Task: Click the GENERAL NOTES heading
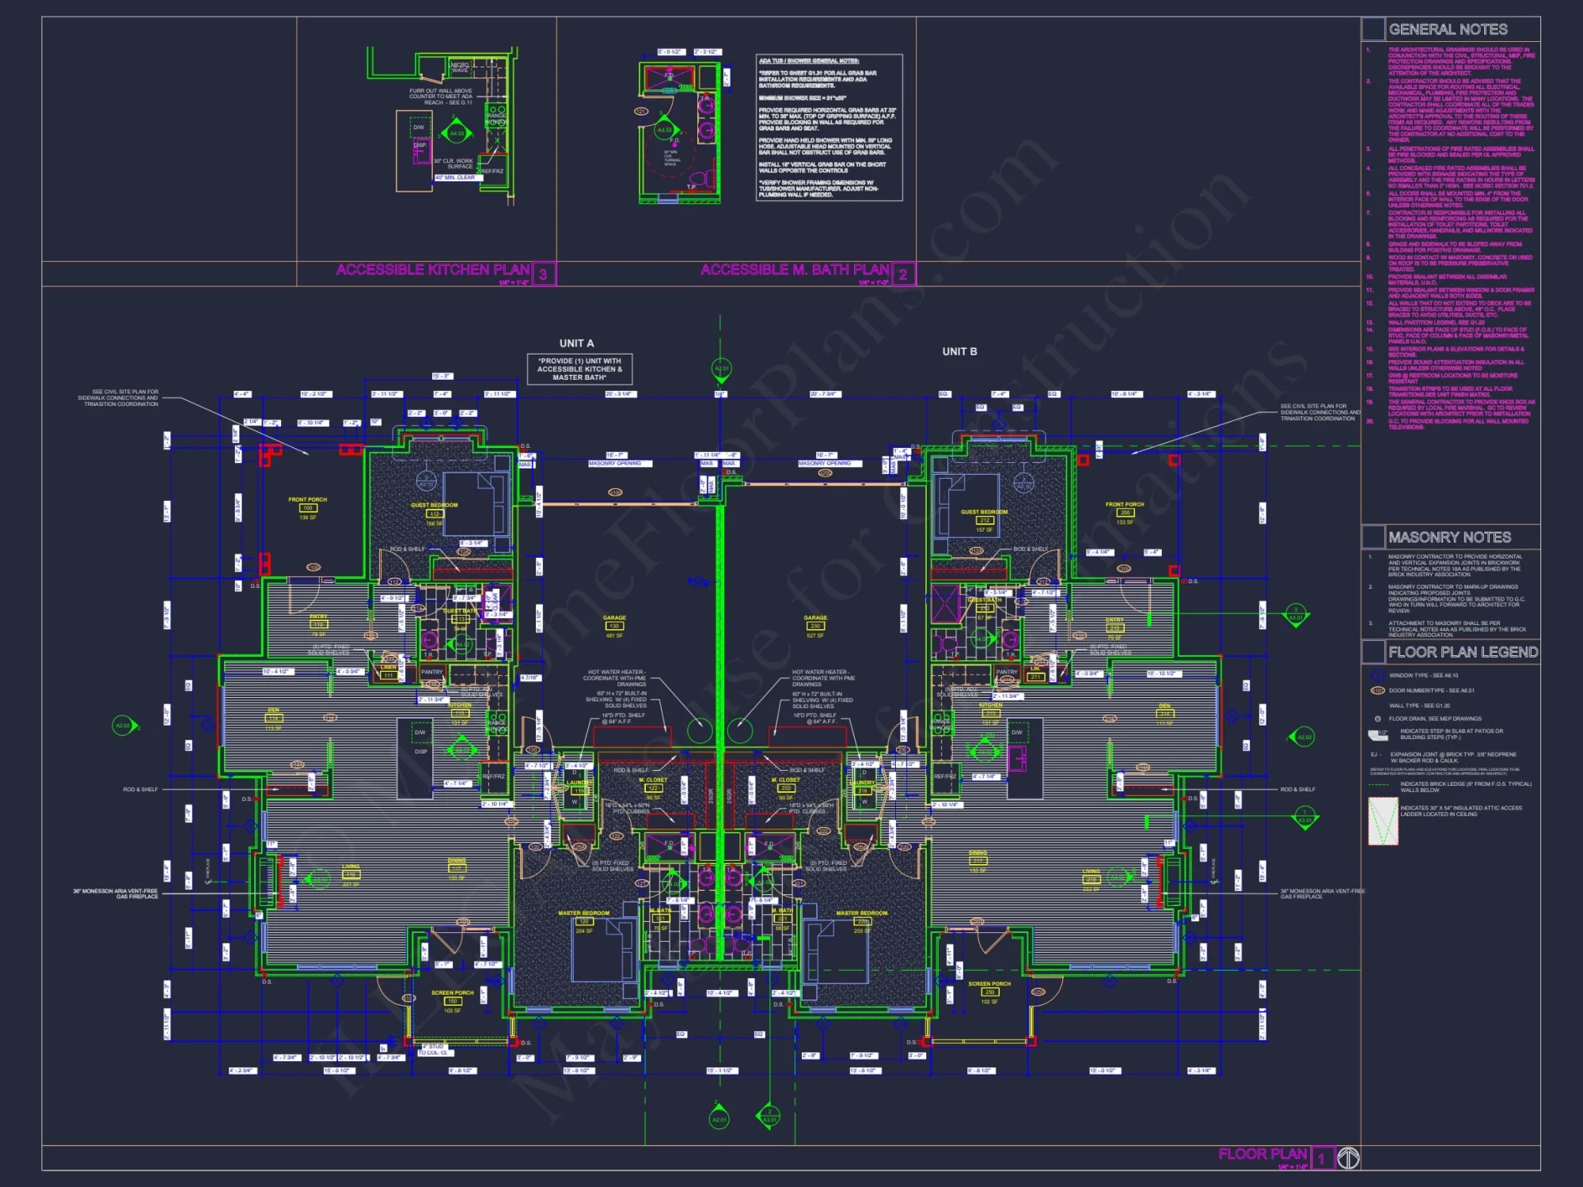point(1448,30)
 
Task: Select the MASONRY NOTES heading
point(1449,537)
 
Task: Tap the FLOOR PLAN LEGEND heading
point(1463,652)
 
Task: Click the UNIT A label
point(576,343)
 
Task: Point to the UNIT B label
point(959,351)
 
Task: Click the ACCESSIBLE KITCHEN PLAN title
point(433,270)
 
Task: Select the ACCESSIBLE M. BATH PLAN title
point(795,270)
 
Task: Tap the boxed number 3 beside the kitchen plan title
point(544,275)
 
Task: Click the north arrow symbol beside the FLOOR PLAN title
point(1349,1158)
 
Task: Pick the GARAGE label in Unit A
point(614,618)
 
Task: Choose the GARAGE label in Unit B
point(815,618)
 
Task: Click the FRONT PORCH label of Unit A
point(307,499)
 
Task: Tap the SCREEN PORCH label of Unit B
point(989,984)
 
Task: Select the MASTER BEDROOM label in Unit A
point(584,913)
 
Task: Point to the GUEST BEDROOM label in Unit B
point(984,512)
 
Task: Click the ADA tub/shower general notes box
point(829,127)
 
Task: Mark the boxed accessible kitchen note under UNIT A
point(579,369)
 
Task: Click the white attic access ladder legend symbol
point(1383,821)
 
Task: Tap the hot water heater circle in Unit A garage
point(699,730)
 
